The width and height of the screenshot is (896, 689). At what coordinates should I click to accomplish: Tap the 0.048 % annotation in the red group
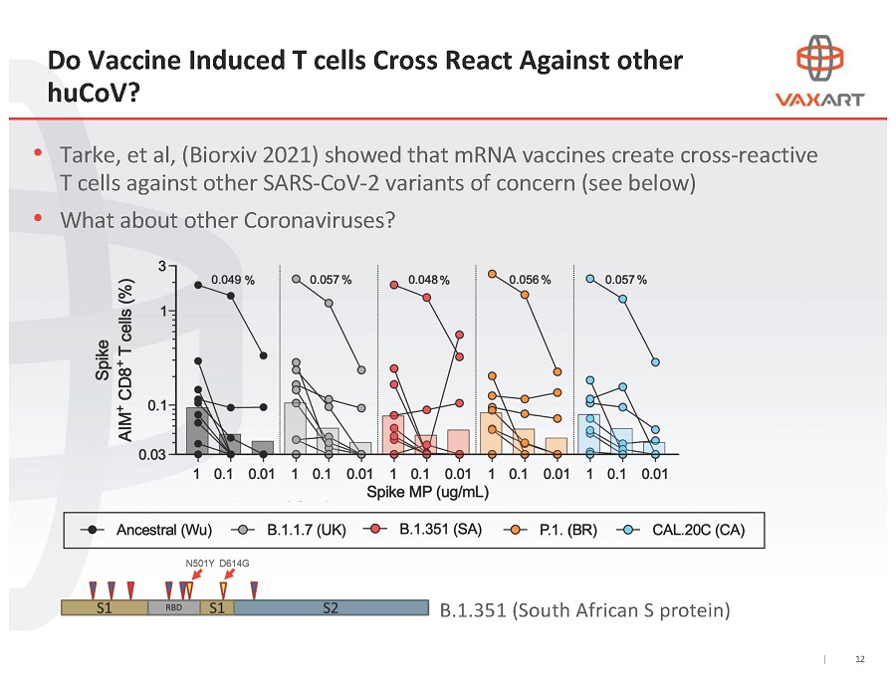pyautogui.click(x=428, y=280)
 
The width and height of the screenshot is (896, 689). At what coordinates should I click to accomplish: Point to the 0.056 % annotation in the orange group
pyautogui.click(x=530, y=280)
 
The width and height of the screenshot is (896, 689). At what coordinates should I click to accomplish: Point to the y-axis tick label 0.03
pyautogui.click(x=166, y=454)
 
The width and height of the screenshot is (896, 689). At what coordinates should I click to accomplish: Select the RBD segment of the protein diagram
pyautogui.click(x=174, y=607)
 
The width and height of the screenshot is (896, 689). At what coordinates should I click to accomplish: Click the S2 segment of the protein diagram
pyautogui.click(x=330, y=607)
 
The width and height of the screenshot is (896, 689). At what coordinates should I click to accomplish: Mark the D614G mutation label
pyautogui.click(x=234, y=564)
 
